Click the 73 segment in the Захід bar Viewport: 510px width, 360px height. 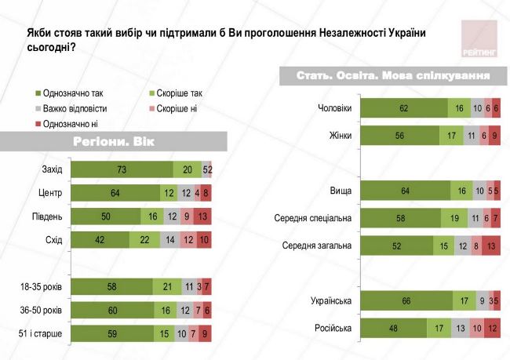pos(122,169)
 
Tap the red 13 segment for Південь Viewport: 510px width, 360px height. pos(202,216)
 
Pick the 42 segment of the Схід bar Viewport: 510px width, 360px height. pos(100,240)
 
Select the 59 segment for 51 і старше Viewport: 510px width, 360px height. pos(112,335)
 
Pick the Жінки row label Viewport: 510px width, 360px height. pos(341,136)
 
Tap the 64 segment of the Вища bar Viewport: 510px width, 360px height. pos(404,191)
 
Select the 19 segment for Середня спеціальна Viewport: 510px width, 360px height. pos(453,218)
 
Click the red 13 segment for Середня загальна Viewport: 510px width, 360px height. pos(491,245)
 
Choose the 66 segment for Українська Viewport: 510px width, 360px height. pos(406,300)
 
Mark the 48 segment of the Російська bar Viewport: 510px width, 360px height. pos(393,328)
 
